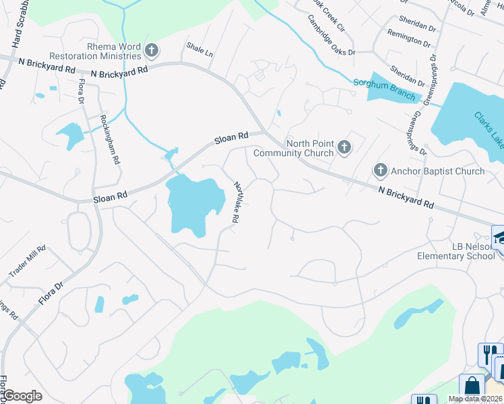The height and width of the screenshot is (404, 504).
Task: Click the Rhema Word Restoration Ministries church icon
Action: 152,49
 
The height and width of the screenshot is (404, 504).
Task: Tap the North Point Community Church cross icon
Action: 344,147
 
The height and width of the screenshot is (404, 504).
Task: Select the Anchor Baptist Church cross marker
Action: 381,171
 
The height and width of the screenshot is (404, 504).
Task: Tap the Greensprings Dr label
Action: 418,131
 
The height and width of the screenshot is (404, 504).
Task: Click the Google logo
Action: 22,396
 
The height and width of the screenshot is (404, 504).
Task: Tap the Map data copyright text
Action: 476,399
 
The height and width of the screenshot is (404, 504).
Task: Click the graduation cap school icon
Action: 500,236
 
